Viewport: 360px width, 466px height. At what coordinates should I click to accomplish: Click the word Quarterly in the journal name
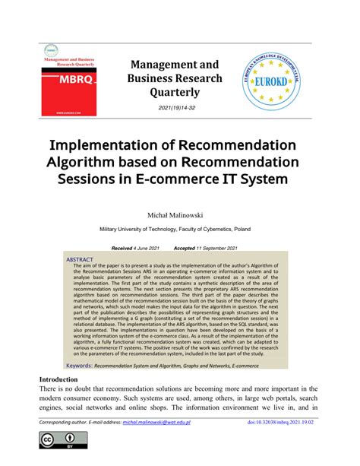pos(175,93)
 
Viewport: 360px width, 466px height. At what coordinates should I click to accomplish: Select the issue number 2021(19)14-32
pos(175,109)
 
